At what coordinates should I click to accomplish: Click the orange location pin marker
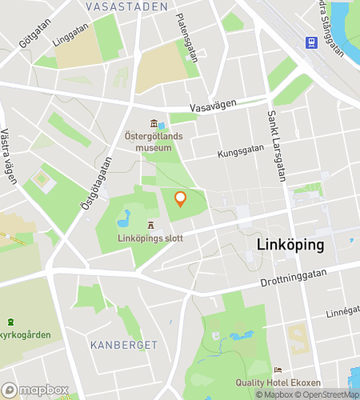(x=180, y=199)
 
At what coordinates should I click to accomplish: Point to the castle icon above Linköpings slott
(x=150, y=226)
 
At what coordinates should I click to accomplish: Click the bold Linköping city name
(x=290, y=245)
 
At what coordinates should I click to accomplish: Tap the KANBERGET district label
(x=124, y=344)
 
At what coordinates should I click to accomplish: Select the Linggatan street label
(x=69, y=37)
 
